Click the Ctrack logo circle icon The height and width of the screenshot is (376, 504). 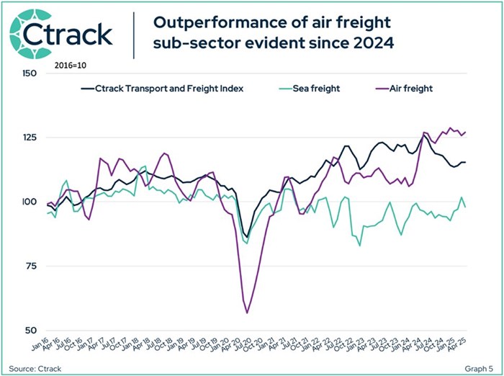coord(27,32)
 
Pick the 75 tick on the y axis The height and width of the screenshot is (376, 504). coord(31,266)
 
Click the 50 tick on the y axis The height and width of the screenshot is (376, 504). coord(31,330)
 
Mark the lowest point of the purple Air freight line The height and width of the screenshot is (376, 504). coord(247,313)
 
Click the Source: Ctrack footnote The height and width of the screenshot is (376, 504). coord(34,367)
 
